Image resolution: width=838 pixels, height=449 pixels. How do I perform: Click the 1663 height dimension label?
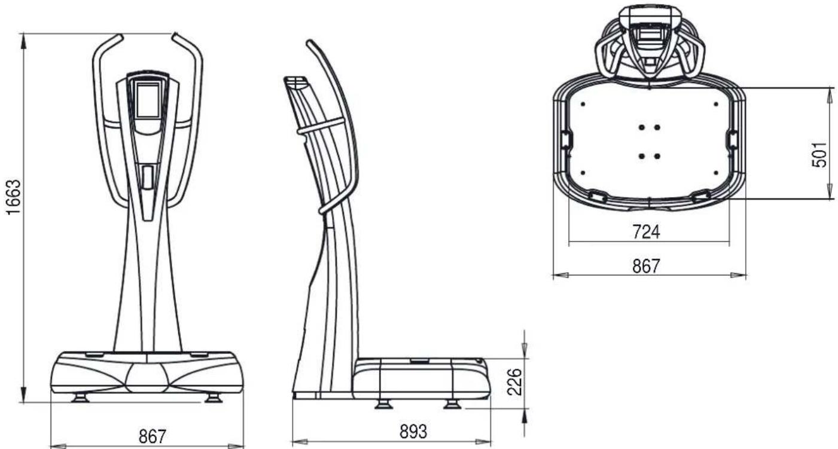[14, 197]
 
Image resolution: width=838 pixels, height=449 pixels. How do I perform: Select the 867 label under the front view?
[153, 436]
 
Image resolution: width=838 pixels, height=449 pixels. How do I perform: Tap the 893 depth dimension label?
[413, 432]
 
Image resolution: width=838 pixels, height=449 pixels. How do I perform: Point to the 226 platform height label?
[514, 381]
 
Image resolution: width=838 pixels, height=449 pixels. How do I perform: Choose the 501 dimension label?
[819, 154]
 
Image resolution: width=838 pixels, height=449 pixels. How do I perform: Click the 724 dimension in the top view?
[647, 231]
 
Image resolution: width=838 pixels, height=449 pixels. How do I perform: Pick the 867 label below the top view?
[647, 266]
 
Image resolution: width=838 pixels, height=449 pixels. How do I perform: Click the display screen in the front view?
[148, 100]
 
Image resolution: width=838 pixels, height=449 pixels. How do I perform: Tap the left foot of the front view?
[80, 398]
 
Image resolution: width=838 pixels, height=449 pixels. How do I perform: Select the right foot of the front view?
[214, 398]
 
